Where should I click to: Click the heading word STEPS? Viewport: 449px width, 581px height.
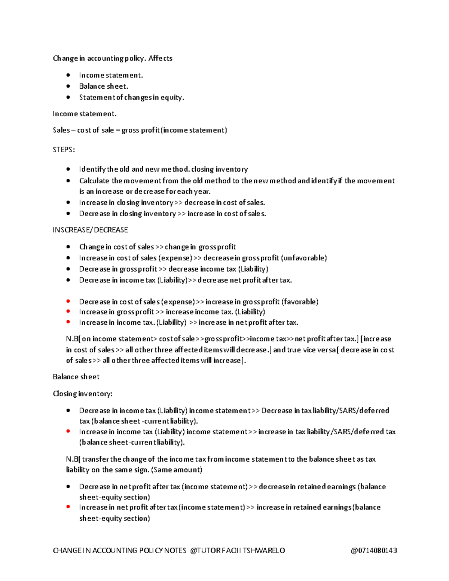pyautogui.click(x=64, y=150)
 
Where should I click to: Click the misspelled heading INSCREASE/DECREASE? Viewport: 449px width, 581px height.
pyautogui.click(x=90, y=230)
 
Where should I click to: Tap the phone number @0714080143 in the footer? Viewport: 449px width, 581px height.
pyautogui.click(x=374, y=550)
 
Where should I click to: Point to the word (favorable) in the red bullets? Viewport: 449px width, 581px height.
pyautogui.click(x=300, y=302)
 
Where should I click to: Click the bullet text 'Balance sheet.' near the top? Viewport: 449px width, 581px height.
pyautogui.click(x=103, y=86)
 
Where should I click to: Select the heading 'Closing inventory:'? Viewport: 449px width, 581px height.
pyautogui.click(x=82, y=394)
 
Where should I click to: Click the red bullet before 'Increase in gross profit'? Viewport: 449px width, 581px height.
pyautogui.click(x=68, y=311)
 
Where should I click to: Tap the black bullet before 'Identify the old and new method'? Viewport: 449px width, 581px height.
pyautogui.click(x=68, y=169)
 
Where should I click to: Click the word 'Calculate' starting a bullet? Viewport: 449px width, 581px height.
pyautogui.click(x=94, y=181)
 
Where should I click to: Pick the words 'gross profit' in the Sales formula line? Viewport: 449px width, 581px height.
pyautogui.click(x=140, y=130)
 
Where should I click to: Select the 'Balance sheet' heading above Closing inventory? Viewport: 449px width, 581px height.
pyautogui.click(x=76, y=377)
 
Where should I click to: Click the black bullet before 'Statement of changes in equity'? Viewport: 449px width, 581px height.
pyautogui.click(x=68, y=97)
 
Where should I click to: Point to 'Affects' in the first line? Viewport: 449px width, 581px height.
pyautogui.click(x=160, y=58)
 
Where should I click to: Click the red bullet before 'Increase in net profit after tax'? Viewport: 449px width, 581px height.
pyautogui.click(x=68, y=507)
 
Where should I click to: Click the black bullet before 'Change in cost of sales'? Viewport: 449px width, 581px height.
pyautogui.click(x=68, y=247)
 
